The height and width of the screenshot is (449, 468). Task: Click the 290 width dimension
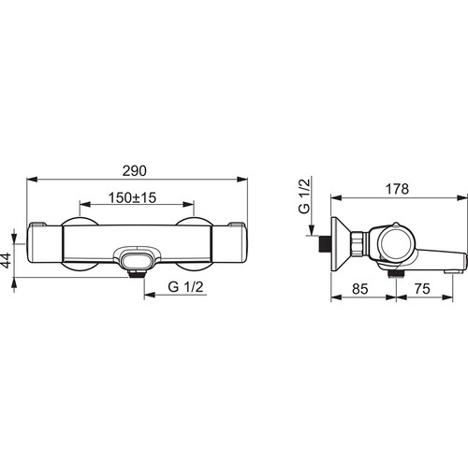point(134,171)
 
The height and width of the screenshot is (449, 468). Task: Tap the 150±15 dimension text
point(132,197)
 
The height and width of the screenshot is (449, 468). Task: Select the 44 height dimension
point(6,261)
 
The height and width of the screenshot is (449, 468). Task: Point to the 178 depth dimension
point(397,189)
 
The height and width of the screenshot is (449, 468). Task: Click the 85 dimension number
point(360,289)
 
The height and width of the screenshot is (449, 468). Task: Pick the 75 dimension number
point(422,289)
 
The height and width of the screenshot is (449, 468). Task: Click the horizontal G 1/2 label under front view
point(185,287)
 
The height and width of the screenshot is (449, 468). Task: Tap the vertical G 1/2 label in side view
point(304,196)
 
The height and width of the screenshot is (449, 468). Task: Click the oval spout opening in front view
point(137,261)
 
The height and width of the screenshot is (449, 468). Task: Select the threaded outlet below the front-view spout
point(137,274)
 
